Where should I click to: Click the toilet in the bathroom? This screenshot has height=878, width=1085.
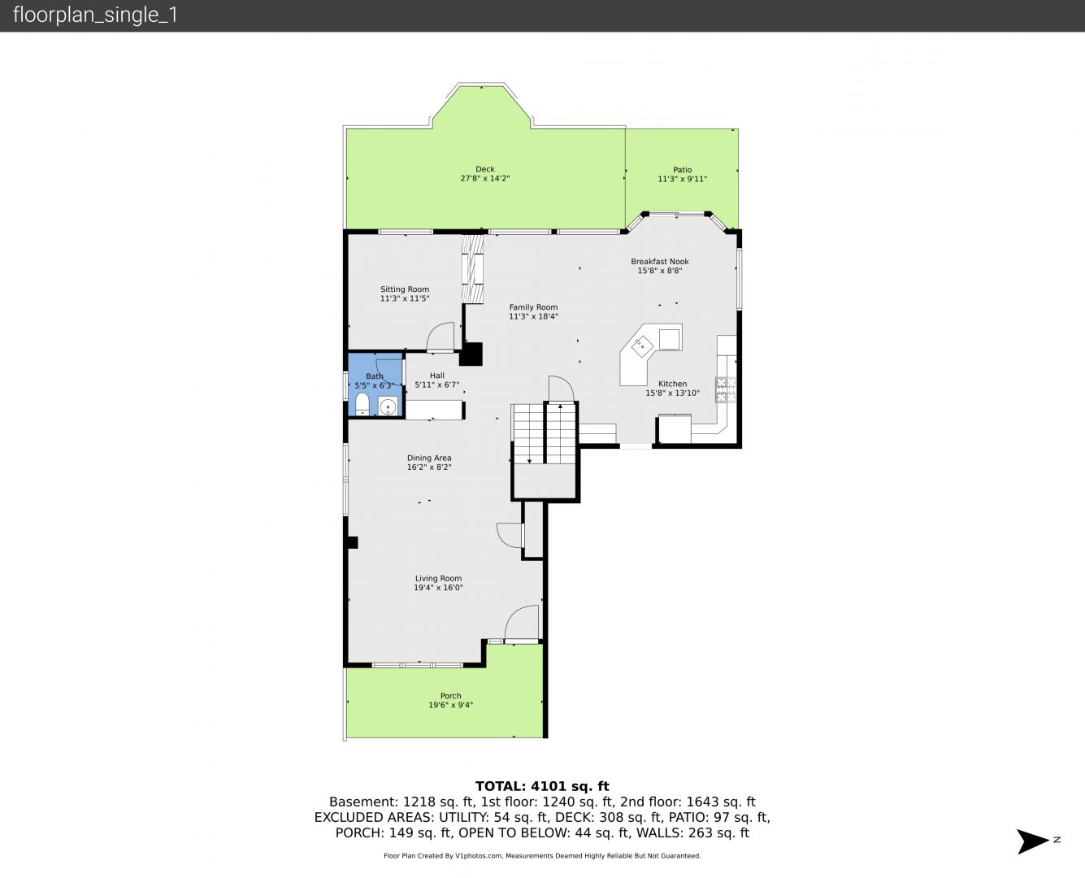tap(362, 404)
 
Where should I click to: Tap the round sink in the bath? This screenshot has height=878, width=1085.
tap(388, 406)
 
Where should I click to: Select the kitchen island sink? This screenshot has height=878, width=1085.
tap(643, 346)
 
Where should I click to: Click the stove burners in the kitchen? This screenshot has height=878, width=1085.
tap(726, 389)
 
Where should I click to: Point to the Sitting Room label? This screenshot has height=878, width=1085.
tap(405, 289)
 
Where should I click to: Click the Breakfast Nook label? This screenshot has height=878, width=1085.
tap(660, 262)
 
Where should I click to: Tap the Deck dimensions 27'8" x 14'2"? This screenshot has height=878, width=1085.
tap(485, 178)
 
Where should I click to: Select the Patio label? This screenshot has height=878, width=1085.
tap(682, 170)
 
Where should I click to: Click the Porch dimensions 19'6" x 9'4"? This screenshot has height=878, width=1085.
tap(450, 706)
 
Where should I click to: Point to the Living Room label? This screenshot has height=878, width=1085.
tap(438, 578)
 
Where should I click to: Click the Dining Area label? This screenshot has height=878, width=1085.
tap(429, 458)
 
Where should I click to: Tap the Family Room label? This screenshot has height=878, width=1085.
tap(533, 307)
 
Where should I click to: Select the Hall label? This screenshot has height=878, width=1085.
tap(436, 376)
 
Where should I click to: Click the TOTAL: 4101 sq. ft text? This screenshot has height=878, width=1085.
tap(542, 786)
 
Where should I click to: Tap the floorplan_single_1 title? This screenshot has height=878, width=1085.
tap(95, 15)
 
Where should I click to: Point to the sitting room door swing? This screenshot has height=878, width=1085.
tap(441, 337)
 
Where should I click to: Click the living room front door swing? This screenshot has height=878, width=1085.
tap(522, 622)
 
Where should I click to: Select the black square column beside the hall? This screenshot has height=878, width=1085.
tap(471, 354)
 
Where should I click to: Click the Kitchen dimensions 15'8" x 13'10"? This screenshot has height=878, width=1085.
tap(672, 393)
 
